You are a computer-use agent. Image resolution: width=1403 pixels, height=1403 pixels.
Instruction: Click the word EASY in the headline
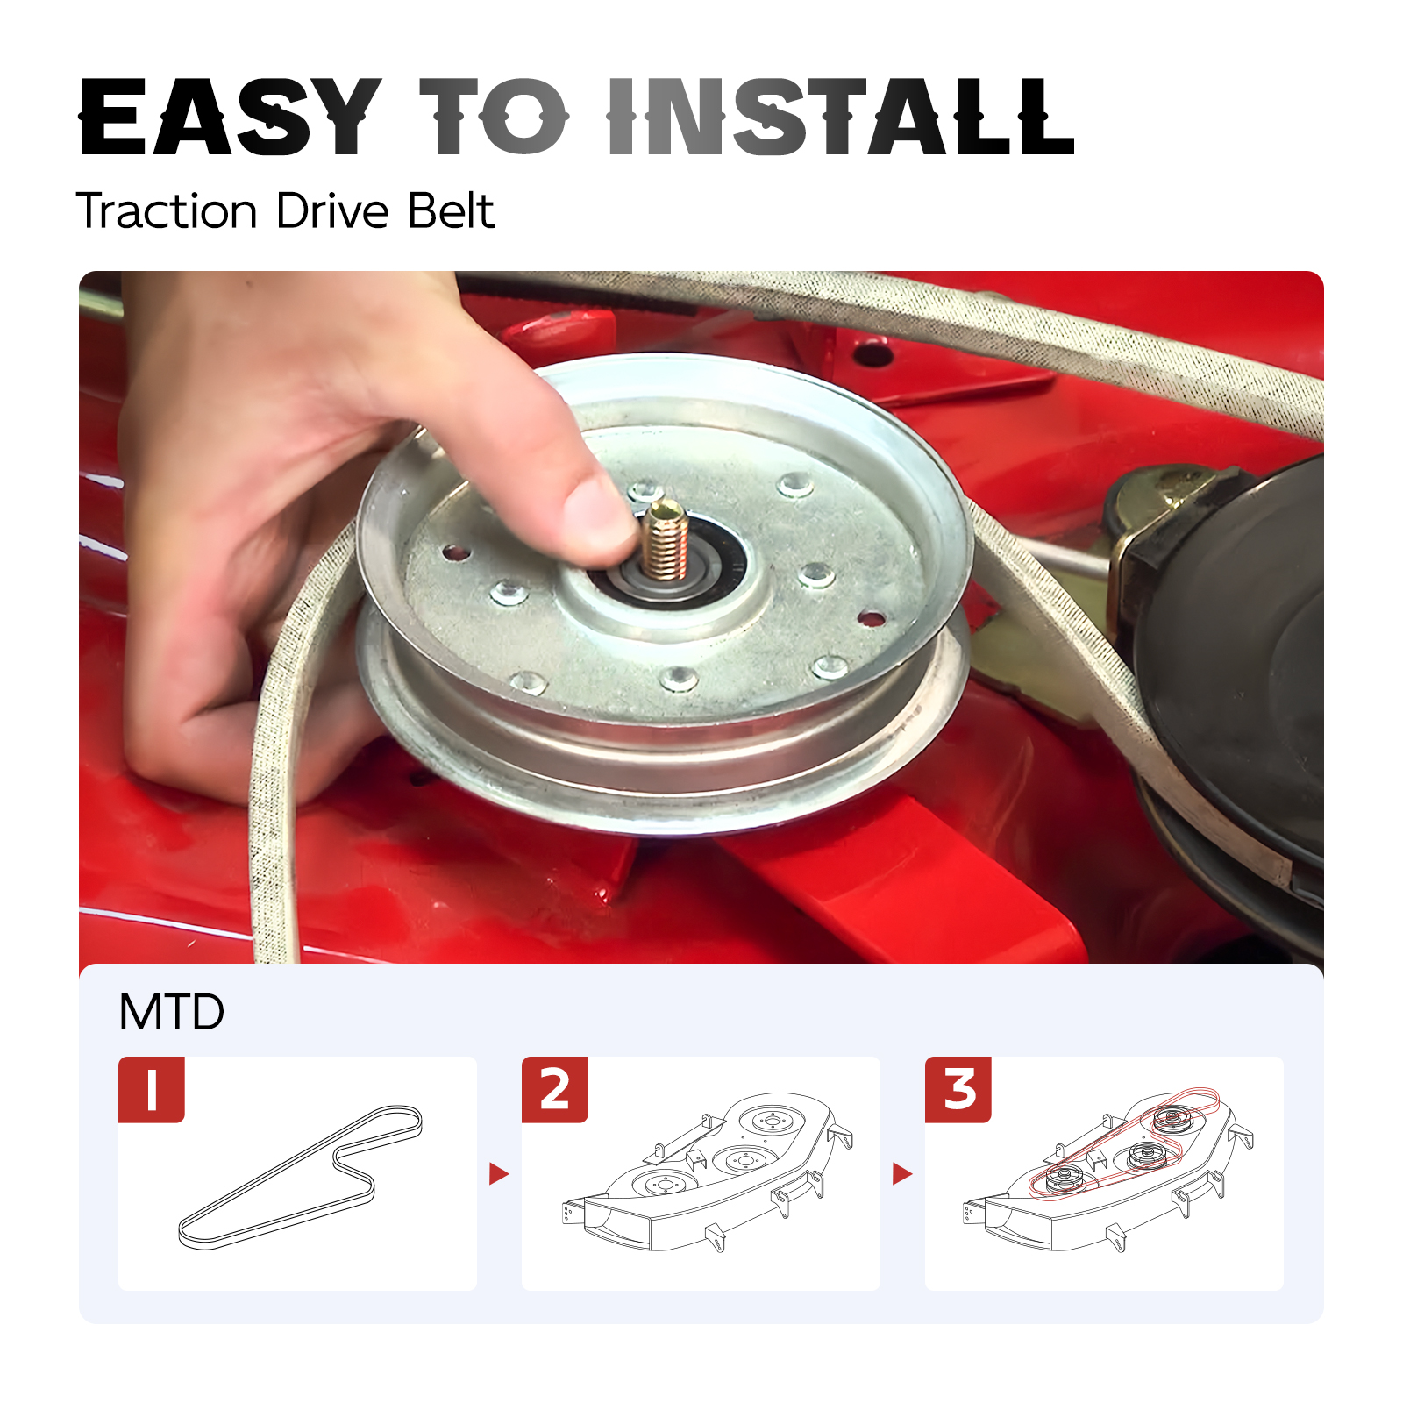pos(231,117)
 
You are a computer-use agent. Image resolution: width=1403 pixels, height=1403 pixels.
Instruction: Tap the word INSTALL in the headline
pos(841,117)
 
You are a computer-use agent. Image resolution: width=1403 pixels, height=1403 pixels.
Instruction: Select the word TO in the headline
pos(495,117)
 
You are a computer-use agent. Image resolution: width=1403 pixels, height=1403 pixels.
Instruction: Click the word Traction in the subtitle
pos(167,211)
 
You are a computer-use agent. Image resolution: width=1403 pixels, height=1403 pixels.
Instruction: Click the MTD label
pos(172,1012)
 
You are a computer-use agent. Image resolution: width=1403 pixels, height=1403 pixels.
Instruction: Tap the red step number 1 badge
pos(152,1090)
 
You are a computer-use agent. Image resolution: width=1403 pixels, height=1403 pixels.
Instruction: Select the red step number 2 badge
pos(555,1090)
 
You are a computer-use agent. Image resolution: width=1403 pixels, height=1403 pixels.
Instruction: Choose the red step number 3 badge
pos(958,1090)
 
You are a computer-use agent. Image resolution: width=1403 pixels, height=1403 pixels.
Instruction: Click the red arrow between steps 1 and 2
pos(499,1173)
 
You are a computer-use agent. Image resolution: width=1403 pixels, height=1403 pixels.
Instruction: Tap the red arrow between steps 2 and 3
pos(902,1173)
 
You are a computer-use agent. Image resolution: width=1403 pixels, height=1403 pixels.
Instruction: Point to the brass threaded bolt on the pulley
pos(664,541)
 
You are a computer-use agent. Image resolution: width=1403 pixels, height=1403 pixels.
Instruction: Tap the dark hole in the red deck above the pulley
pos(872,355)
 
